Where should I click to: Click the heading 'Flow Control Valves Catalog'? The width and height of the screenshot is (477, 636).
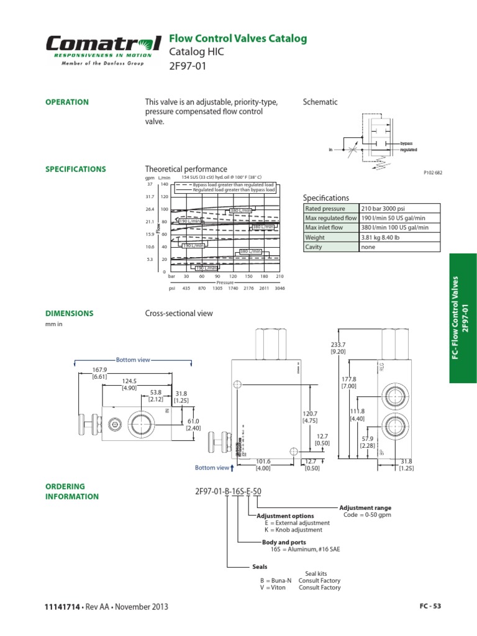[x=238, y=39]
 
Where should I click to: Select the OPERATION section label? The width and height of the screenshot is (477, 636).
[x=67, y=102]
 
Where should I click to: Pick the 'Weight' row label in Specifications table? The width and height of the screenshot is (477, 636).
[x=315, y=237]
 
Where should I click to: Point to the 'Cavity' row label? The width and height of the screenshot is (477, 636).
[x=314, y=247]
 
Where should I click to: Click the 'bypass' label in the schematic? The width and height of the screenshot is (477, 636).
[x=406, y=143]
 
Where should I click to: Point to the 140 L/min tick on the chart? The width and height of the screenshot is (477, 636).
[x=164, y=184]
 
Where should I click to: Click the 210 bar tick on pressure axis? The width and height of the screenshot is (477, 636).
[x=279, y=276]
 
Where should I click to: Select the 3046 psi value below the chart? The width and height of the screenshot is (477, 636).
[x=279, y=288]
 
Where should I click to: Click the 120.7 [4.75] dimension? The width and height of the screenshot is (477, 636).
[x=310, y=417]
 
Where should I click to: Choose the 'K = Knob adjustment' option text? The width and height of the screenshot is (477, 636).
[x=293, y=530]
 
